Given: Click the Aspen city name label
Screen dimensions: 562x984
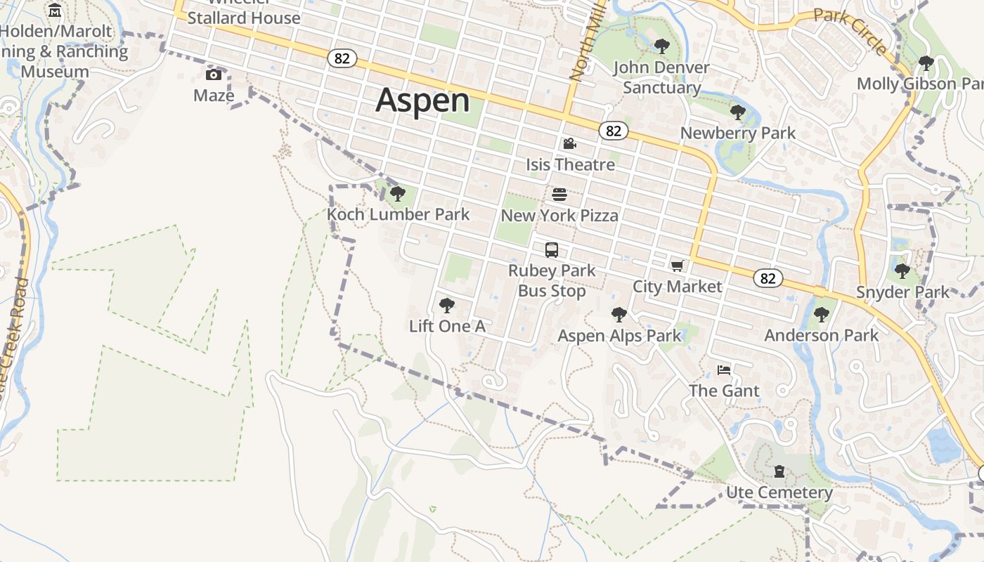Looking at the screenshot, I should pos(422,100).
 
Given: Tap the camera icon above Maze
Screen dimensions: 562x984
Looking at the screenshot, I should pos(214,75).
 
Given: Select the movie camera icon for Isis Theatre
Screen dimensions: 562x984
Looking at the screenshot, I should pos(569,144).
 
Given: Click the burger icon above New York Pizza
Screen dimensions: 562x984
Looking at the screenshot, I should pos(559,194).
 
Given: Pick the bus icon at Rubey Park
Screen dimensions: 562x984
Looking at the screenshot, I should pos(552,249).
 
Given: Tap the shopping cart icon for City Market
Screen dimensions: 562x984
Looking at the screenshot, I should pos(677,266).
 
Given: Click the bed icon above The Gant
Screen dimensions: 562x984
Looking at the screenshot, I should pos(724,370).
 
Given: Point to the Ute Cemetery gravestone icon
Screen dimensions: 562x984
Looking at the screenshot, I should pos(779,471).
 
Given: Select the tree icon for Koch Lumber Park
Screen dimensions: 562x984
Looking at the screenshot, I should pos(398,193).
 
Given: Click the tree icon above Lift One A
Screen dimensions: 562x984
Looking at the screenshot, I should pos(446,305).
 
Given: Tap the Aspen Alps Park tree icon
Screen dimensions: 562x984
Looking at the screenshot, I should pos(619,314).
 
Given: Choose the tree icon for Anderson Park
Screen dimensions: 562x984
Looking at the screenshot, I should pos(821,314).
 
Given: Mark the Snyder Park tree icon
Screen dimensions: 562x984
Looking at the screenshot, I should pos(902,270).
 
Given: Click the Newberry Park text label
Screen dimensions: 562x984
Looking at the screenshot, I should pos(738,133).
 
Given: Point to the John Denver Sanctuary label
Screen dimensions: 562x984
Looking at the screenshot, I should pos(661,77).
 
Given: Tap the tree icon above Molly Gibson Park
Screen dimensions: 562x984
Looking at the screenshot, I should pos(926,63).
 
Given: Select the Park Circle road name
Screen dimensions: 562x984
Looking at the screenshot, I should pos(851,31).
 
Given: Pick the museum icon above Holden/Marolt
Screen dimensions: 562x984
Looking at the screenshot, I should pos(55,11).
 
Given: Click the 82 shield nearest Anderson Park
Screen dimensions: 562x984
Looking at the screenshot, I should pos(768,278).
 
